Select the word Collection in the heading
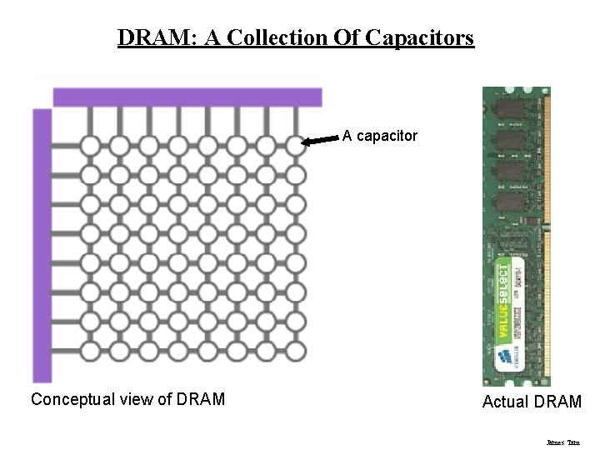[277, 38]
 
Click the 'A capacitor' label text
[380, 135]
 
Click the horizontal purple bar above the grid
[187, 97]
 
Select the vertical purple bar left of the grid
[42, 246]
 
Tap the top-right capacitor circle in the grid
[296, 147]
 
